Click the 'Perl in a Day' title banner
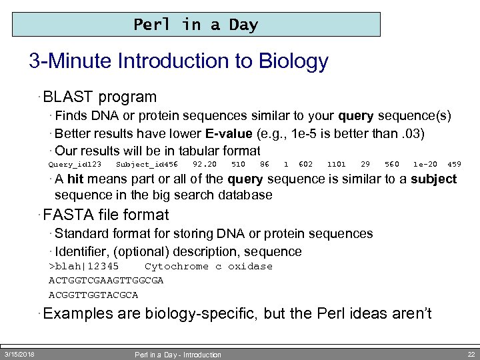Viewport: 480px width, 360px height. pyautogui.click(x=196, y=25)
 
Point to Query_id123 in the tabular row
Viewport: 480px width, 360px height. pyautogui.click(x=75, y=164)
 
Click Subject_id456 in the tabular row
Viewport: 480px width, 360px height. pyautogui.click(x=147, y=164)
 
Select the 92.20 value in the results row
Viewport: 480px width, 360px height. pyautogui.click(x=205, y=164)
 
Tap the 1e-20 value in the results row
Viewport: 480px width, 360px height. pyautogui.click(x=425, y=164)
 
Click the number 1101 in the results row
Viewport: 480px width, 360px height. pyautogui.click(x=337, y=164)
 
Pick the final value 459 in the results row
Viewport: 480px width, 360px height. pyautogui.click(x=454, y=164)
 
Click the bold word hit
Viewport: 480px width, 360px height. pyautogui.click(x=75, y=179)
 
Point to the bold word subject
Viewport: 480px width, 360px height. pyautogui.click(x=433, y=179)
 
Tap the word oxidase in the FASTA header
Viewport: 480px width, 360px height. pyautogui.click(x=250, y=266)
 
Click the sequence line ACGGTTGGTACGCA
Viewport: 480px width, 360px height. pyautogui.click(x=93, y=295)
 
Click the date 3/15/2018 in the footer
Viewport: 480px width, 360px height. pyautogui.click(x=19, y=353)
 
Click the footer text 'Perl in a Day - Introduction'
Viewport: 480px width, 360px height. pyautogui.click(x=177, y=355)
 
